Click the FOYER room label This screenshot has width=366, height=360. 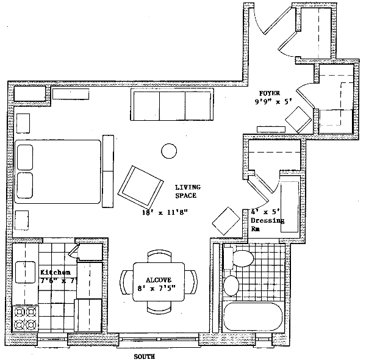(x=270, y=93)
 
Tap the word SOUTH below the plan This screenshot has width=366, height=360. (x=144, y=356)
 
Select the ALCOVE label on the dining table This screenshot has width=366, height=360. (x=159, y=280)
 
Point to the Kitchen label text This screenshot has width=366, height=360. (x=56, y=272)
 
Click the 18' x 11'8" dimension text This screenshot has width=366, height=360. (x=165, y=212)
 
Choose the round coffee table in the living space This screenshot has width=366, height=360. (x=169, y=151)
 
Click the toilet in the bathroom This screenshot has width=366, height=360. (x=239, y=259)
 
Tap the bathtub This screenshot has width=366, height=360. (x=253, y=317)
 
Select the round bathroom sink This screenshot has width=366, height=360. (x=231, y=286)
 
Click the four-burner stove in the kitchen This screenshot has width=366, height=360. (x=25, y=319)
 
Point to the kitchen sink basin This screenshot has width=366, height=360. (x=26, y=272)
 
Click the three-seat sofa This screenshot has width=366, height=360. (x=172, y=104)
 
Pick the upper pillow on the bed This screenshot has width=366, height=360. (x=25, y=157)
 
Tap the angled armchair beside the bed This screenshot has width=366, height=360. (x=140, y=187)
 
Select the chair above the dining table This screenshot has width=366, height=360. (x=159, y=256)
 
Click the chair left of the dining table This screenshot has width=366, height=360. (x=126, y=283)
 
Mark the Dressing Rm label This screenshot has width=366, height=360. (x=268, y=225)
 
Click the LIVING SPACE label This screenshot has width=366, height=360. (x=188, y=192)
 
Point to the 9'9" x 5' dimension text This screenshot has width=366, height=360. (x=273, y=101)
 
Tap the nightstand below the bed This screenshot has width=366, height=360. (x=22, y=220)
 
